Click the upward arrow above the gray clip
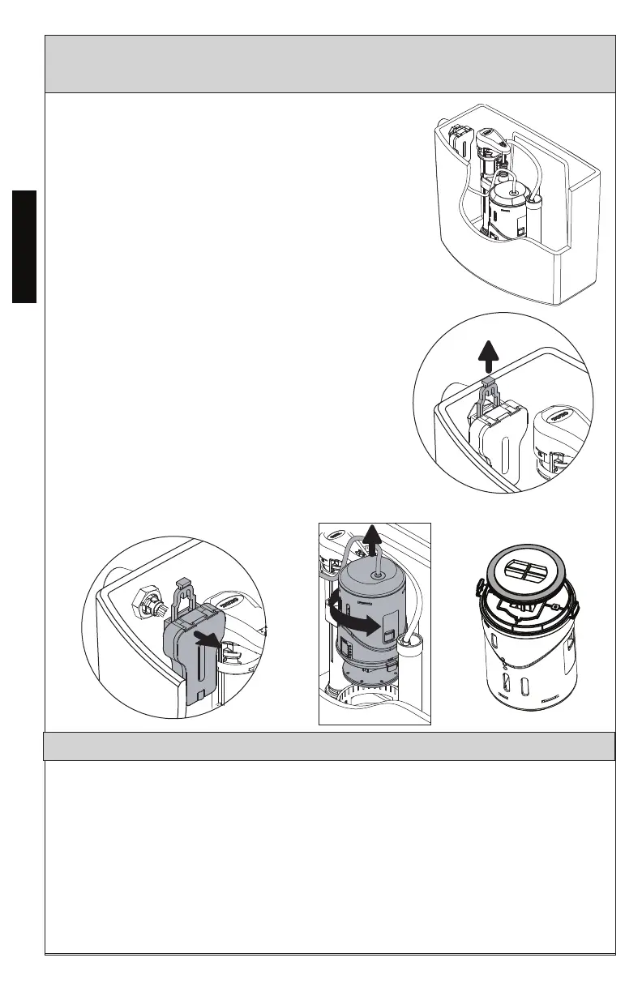(487, 353)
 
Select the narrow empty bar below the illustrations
(329, 746)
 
